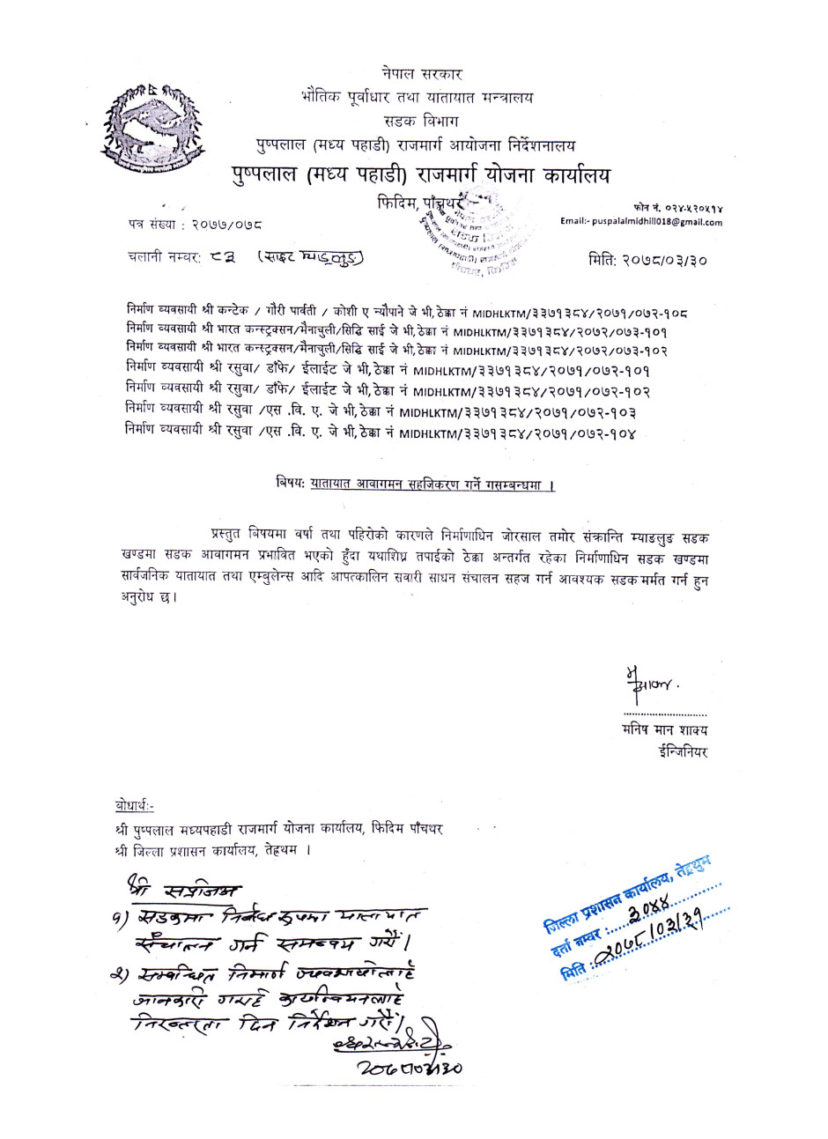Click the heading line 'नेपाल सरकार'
pos(422,74)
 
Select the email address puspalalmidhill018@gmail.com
pos(640,222)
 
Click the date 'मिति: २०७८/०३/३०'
pos(647,260)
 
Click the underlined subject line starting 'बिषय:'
pos(414,485)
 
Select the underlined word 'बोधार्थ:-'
pos(134,805)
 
